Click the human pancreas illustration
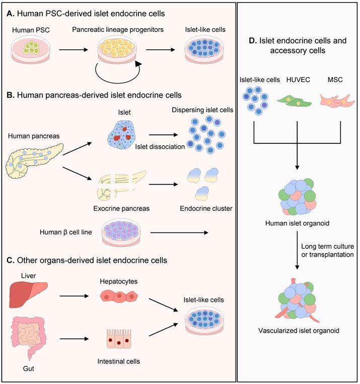click(34, 160)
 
